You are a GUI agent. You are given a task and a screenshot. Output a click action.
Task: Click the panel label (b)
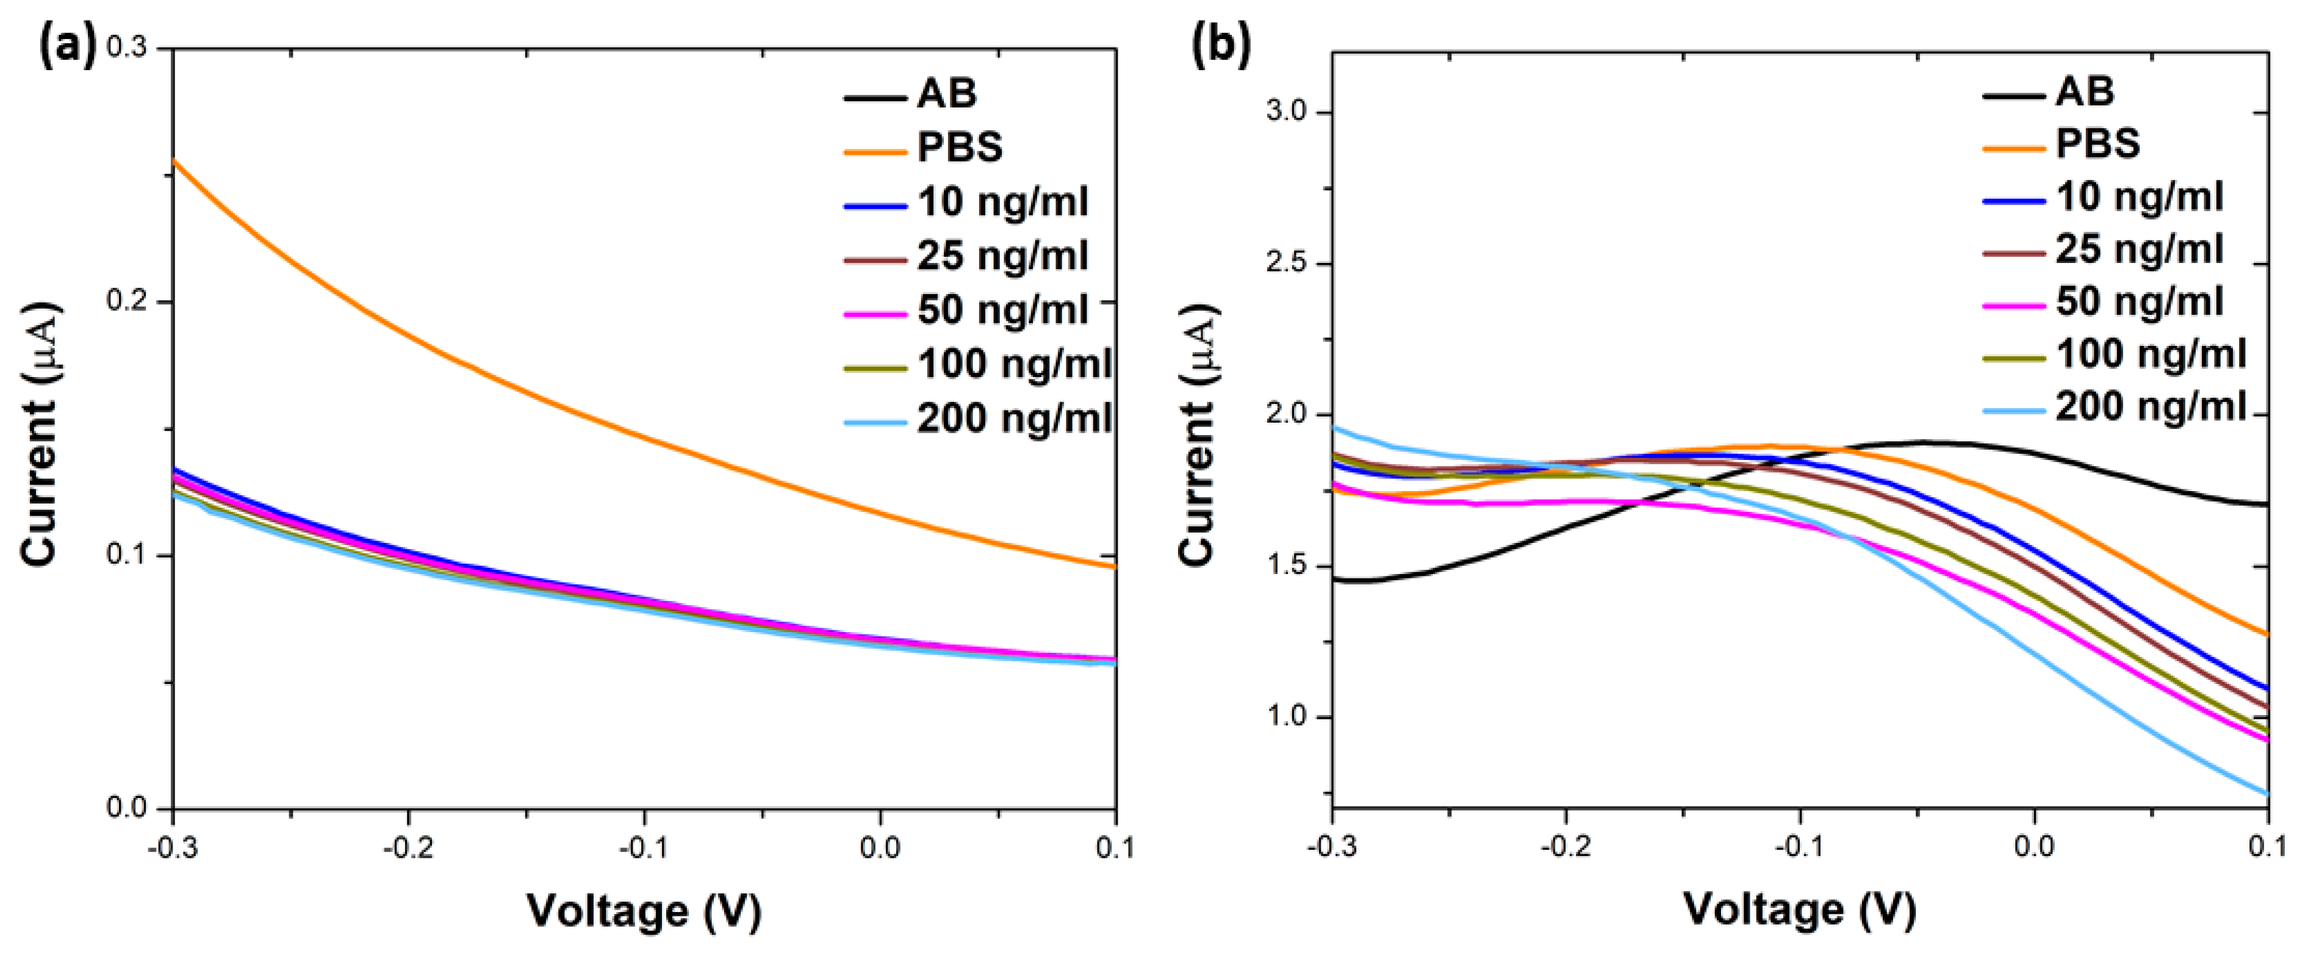click(x=1221, y=44)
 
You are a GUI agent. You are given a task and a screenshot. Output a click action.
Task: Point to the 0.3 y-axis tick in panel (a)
click(x=127, y=48)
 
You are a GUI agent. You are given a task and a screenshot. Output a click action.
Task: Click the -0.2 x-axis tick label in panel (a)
click(x=408, y=847)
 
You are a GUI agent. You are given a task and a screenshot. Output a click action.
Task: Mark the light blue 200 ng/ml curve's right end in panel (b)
click(x=2264, y=792)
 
